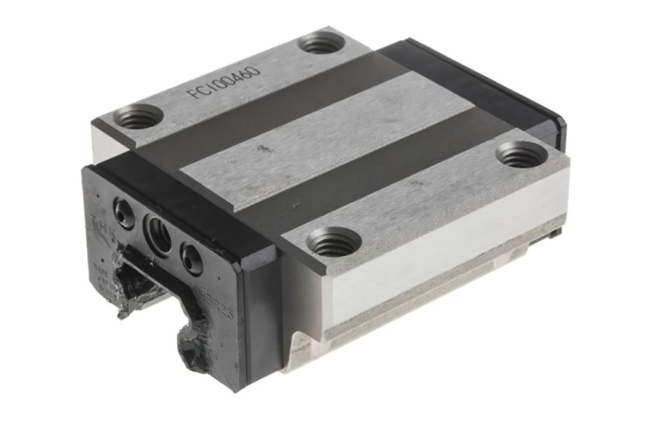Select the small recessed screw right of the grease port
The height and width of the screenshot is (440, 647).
tap(191, 258)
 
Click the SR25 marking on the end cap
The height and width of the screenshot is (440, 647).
tap(221, 307)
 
